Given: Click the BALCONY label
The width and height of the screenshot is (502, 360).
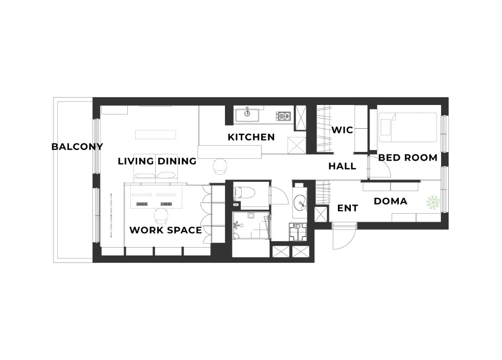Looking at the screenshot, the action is coord(77,147).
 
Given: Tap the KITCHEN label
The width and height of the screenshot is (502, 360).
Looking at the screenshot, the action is coord(251,137).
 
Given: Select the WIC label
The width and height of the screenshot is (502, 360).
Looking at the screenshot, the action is coord(342,130).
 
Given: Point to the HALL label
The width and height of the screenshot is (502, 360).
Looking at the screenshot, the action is coord(342,166).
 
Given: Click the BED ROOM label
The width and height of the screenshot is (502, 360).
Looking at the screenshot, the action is coord(408,157).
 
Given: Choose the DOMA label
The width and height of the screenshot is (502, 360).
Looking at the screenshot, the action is coord(390,201).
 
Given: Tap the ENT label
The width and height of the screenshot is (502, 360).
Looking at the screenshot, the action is coord(348,208).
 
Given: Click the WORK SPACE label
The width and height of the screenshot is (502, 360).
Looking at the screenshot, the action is coord(165,230).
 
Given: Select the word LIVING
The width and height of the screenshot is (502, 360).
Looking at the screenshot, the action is coord(136,161).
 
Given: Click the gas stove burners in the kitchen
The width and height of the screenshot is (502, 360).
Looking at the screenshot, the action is coord(283,116).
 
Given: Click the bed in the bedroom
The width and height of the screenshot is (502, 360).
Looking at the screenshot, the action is coord(408,127).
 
